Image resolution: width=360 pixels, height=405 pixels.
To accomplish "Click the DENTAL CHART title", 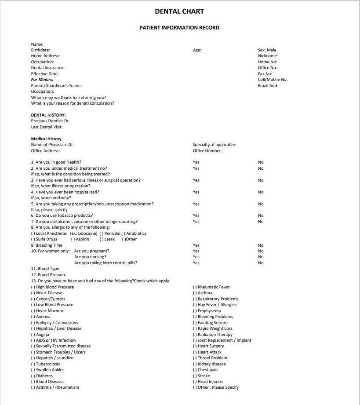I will pyautogui.click(x=179, y=11).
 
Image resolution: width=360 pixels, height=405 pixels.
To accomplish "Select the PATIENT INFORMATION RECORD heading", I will pyautogui.click(x=179, y=28).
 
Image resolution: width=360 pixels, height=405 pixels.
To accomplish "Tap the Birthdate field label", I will pyautogui.click(x=40, y=50).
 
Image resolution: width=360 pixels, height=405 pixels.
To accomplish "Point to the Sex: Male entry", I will pyautogui.click(x=267, y=50).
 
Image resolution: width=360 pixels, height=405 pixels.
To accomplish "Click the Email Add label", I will pyautogui.click(x=268, y=86).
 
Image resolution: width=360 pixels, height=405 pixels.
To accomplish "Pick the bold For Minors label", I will pyautogui.click(x=42, y=80).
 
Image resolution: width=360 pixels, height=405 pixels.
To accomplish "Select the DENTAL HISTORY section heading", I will pyautogui.click(x=48, y=115).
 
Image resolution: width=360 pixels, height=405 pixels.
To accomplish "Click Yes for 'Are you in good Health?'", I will pyautogui.click(x=196, y=162).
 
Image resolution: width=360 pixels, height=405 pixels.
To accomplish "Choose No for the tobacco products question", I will pyautogui.click(x=261, y=215).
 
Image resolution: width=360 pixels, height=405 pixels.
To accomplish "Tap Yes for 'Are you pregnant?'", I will pyautogui.click(x=196, y=251).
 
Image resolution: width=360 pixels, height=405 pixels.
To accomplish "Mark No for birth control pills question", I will pyautogui.click(x=261, y=263).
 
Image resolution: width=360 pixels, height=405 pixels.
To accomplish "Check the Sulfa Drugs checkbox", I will pyautogui.click(x=33, y=239).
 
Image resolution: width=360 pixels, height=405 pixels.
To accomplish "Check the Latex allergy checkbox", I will pyautogui.click(x=102, y=239).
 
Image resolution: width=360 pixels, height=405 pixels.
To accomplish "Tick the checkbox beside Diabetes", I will pyautogui.click(x=33, y=376).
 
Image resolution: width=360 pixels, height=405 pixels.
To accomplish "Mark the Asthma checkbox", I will pyautogui.click(x=195, y=293).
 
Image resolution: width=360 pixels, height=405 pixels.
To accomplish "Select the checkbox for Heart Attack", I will pyautogui.click(x=195, y=352).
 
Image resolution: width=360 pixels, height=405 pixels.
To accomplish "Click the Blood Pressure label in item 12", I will pyautogui.click(x=52, y=275).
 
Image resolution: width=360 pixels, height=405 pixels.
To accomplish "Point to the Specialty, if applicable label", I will pyautogui.click(x=214, y=145).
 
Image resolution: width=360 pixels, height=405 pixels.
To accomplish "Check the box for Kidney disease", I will pyautogui.click(x=195, y=364).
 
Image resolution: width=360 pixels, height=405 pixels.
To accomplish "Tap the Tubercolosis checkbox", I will pyautogui.click(x=33, y=364).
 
